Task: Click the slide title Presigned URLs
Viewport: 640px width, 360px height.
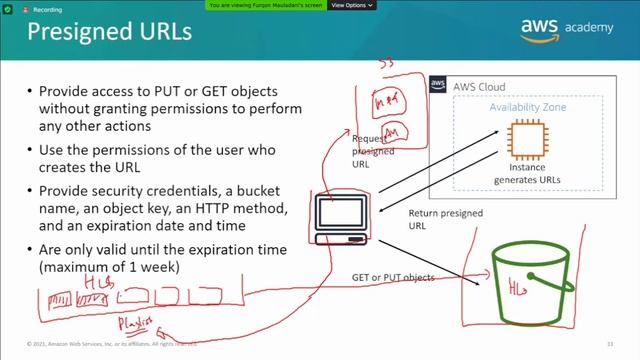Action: click(x=109, y=32)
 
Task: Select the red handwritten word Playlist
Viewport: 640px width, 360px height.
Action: click(x=135, y=323)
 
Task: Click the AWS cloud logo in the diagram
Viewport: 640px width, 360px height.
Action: click(x=437, y=86)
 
